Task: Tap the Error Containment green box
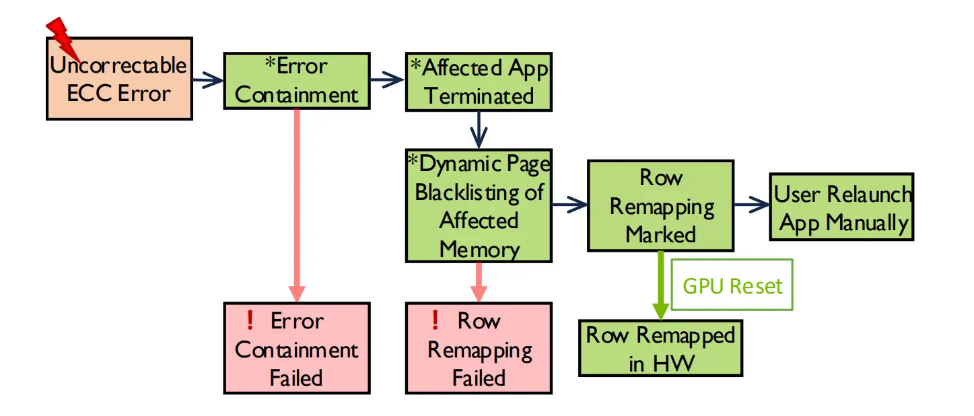(297, 81)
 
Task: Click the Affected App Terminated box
(479, 81)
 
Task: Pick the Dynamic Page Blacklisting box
(479, 206)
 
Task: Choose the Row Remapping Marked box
(660, 205)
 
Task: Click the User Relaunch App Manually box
(842, 207)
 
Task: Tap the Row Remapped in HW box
(660, 348)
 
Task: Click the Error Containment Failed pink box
(297, 348)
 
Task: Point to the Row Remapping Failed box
(479, 348)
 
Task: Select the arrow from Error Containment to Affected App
(387, 81)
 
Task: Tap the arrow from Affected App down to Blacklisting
(479, 129)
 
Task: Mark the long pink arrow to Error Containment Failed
(297, 202)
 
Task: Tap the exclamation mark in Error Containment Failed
(250, 320)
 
